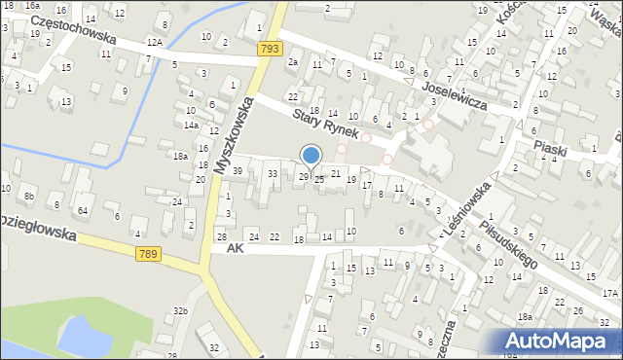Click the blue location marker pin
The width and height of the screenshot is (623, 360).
tap(311, 156)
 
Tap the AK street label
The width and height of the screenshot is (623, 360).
tap(234, 249)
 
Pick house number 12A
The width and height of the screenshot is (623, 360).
tap(154, 43)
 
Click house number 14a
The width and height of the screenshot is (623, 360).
tap(192, 126)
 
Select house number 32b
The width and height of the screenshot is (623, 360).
tap(180, 311)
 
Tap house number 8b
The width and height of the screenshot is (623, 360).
tap(29, 197)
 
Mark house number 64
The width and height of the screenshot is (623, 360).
tap(83, 210)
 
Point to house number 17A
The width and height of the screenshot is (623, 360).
tap(609, 292)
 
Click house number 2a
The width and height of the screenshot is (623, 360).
tap(292, 62)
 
